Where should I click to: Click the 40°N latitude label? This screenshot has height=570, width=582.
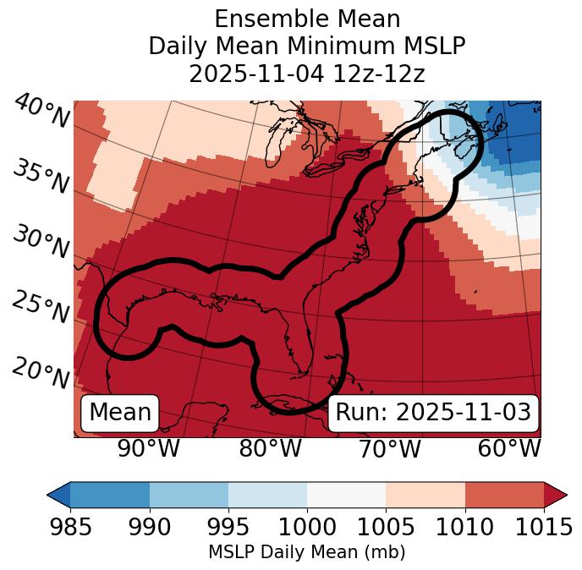coord(41,112)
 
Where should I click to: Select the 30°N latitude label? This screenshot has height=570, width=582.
coord(41,243)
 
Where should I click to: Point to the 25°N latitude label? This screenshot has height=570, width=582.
coord(41,308)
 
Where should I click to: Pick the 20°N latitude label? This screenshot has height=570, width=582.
coord(41,373)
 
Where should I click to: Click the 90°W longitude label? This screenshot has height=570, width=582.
coord(148,448)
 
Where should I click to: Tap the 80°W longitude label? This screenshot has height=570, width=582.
coord(270,448)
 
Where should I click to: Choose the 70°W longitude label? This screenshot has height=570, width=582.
coord(390,448)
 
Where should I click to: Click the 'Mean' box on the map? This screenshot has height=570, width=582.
coord(120,413)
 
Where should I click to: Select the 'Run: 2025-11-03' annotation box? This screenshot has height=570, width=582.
coord(433,413)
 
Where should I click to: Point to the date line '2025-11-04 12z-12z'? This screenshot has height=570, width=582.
coord(307,74)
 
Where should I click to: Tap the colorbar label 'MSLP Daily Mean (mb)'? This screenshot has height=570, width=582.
coord(307,552)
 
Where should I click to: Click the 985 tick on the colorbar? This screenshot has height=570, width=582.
coord(70,528)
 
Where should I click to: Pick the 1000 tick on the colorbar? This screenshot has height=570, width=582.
coord(307,528)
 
